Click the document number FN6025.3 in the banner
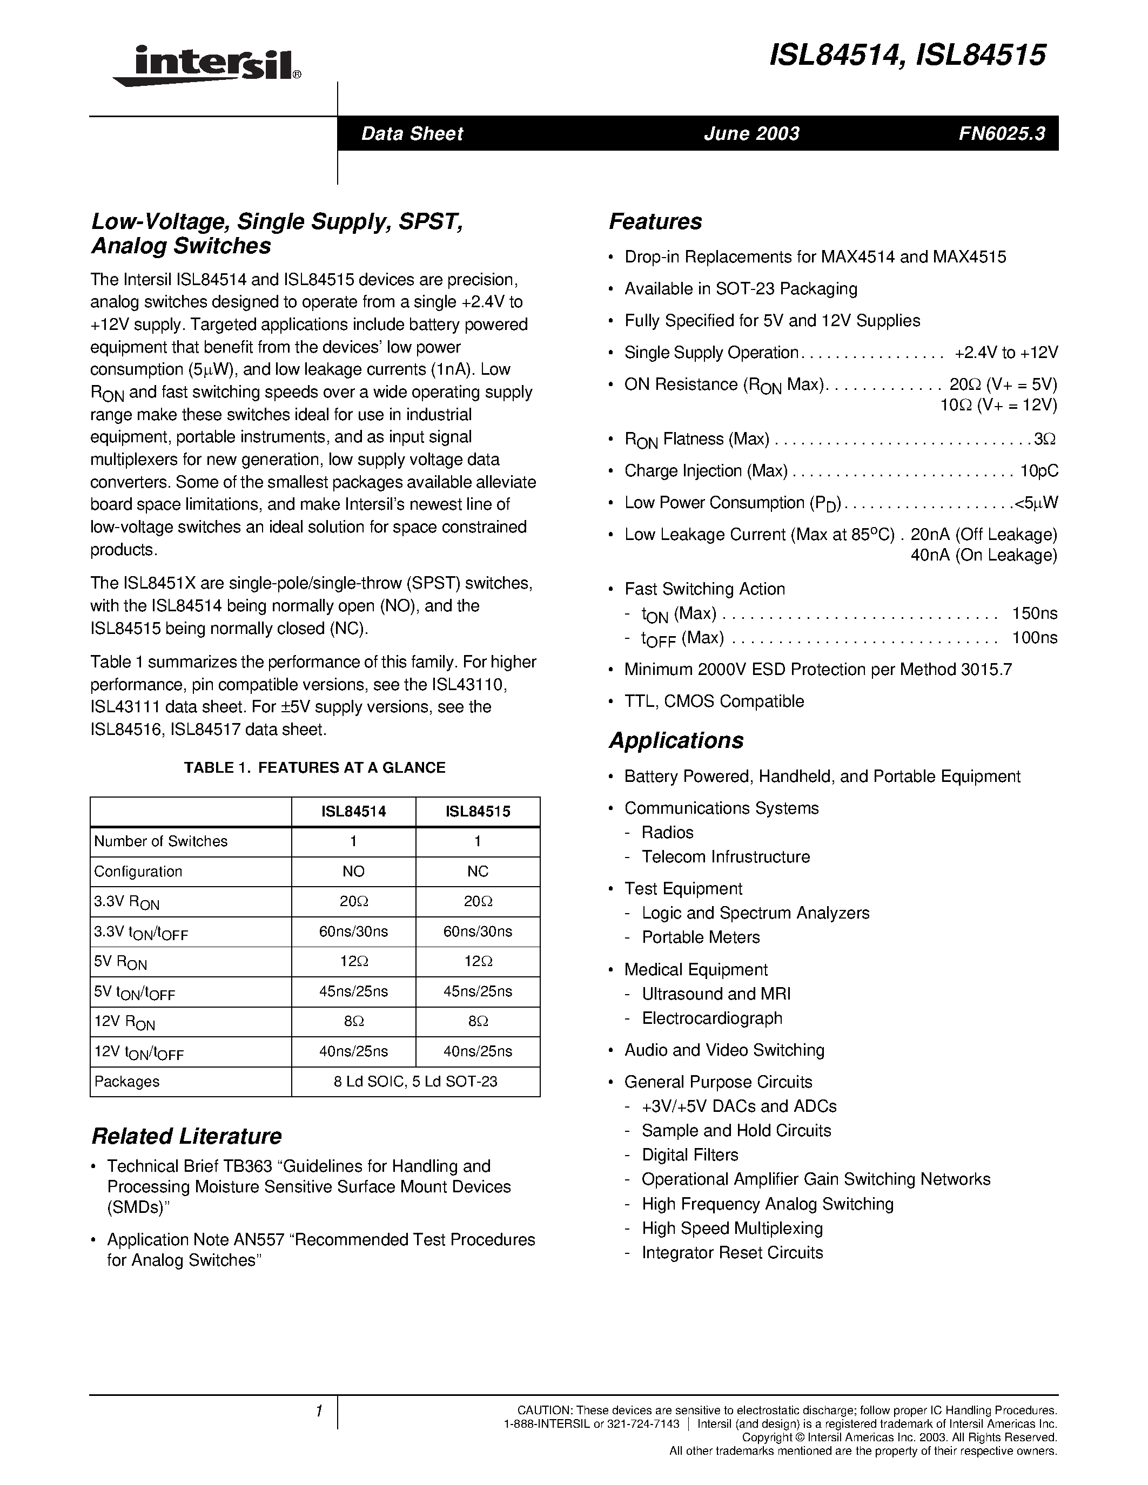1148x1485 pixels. [x=1001, y=133]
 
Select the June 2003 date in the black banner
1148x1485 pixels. [x=751, y=133]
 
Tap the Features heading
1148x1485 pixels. [x=655, y=221]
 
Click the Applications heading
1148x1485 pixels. [x=676, y=740]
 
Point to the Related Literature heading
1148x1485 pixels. [x=186, y=1136]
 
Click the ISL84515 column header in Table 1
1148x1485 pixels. [x=478, y=812]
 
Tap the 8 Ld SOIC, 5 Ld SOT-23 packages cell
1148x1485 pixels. [x=415, y=1082]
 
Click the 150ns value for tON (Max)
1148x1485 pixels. [x=1035, y=613]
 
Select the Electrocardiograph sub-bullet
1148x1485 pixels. [x=712, y=1018]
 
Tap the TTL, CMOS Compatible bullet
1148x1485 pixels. [x=714, y=701]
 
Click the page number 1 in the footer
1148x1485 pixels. [x=318, y=1412]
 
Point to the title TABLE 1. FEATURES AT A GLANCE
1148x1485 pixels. [x=314, y=768]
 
